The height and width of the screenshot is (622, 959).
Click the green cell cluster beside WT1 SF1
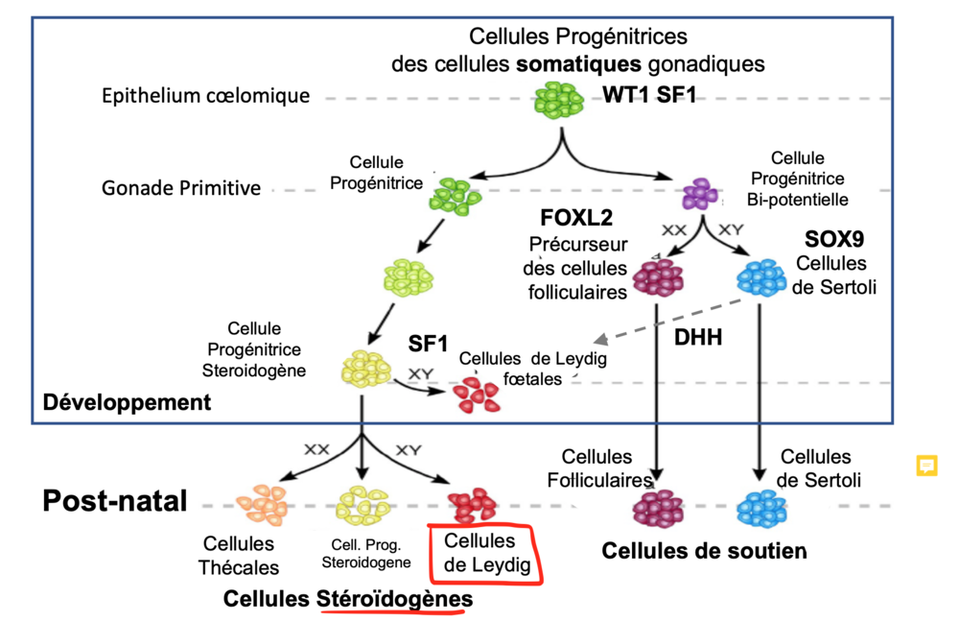coord(559,99)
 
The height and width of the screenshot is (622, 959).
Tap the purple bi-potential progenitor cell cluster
coord(700,193)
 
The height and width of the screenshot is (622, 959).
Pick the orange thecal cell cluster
coord(262,504)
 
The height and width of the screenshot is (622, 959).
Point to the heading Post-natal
coord(114,500)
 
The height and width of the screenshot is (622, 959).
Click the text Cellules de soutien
coord(703,551)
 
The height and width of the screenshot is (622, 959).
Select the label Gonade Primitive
coord(181,188)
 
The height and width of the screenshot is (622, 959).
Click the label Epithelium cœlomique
coord(206,96)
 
